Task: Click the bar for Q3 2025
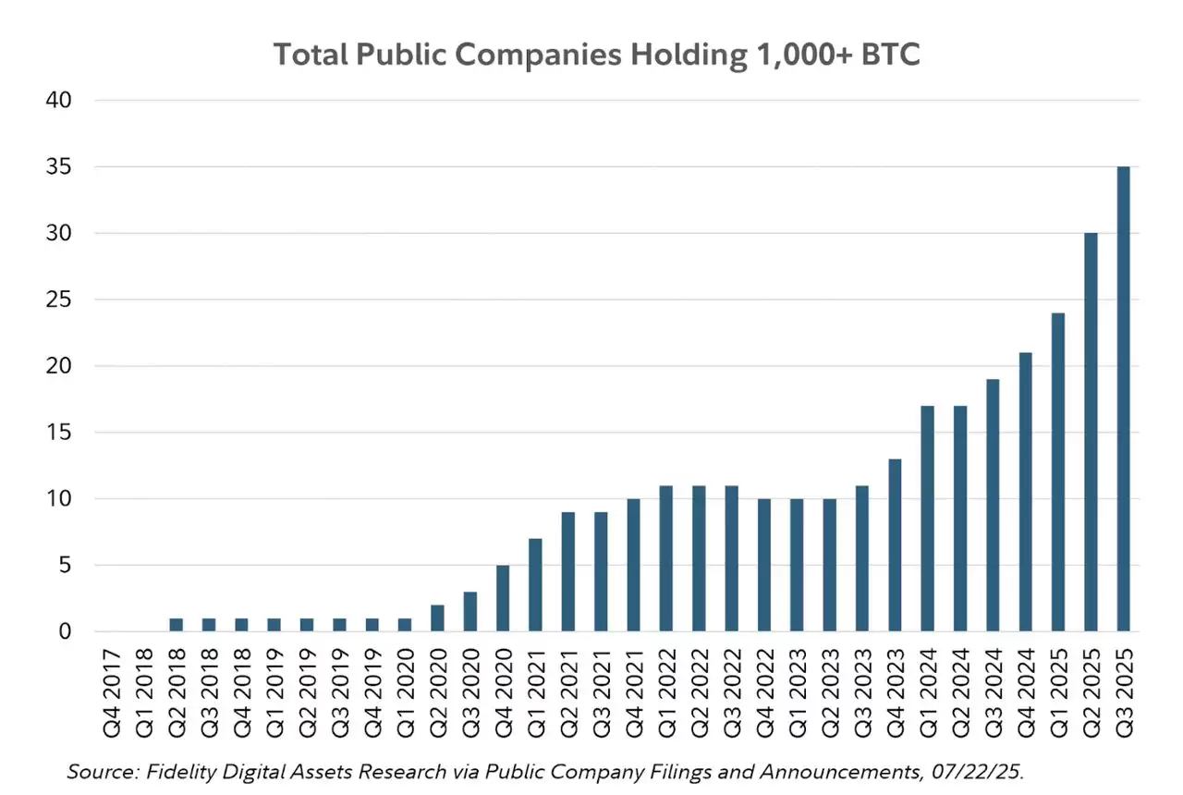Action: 1123,399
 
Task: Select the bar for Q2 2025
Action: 1091,433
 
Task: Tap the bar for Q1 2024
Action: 927,519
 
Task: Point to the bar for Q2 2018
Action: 177,625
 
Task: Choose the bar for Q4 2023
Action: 895,545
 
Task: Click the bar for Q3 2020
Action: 470,612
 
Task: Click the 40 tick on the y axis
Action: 57,101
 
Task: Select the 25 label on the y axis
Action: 57,300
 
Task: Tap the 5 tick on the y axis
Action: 64,566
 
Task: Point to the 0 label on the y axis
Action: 64,632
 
